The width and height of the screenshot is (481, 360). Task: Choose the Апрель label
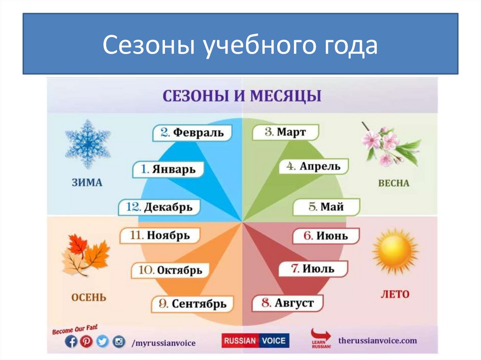pos(313,166)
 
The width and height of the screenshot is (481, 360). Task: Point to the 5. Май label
pos(326,207)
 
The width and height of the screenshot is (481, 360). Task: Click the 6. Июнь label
pos(326,235)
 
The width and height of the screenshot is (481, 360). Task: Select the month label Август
pos(287,303)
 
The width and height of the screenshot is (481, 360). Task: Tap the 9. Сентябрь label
pos(192,304)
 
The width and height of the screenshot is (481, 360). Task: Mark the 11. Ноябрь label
pos(160,235)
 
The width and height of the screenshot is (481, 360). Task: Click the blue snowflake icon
pos(87,144)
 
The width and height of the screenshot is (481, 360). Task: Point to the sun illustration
pos(395,252)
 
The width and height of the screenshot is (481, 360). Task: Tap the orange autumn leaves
pos(85,255)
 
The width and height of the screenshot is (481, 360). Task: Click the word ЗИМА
pos(88,183)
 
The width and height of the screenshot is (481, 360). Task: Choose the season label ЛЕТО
pos(394,294)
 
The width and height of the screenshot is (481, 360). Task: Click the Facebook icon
pos(71,342)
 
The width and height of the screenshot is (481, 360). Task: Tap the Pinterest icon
pos(86,342)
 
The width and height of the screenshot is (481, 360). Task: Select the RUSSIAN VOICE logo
pos(256,341)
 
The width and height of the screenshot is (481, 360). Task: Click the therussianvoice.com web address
pos(377,341)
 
